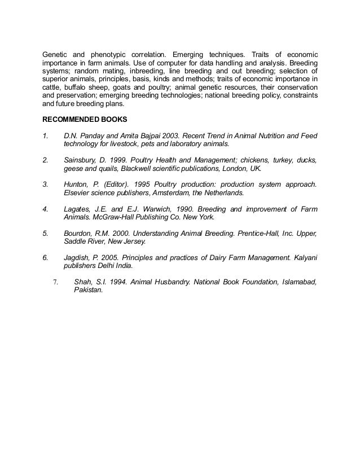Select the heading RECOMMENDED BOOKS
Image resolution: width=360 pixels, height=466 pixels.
tap(85, 120)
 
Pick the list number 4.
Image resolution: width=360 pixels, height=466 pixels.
tap(45, 209)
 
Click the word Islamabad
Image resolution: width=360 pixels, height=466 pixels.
tap(300, 282)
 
